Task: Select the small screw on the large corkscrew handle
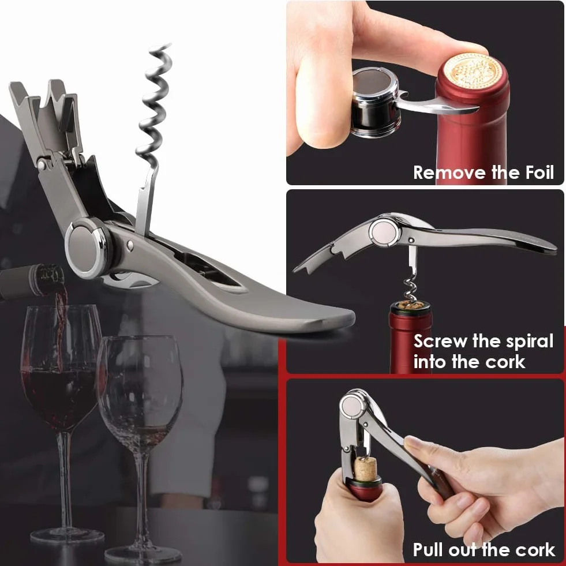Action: point(130,245)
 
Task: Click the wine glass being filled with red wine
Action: point(59,397)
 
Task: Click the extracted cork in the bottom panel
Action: point(366,470)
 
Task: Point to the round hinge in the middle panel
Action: point(384,231)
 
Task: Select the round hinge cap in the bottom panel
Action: point(354,406)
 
